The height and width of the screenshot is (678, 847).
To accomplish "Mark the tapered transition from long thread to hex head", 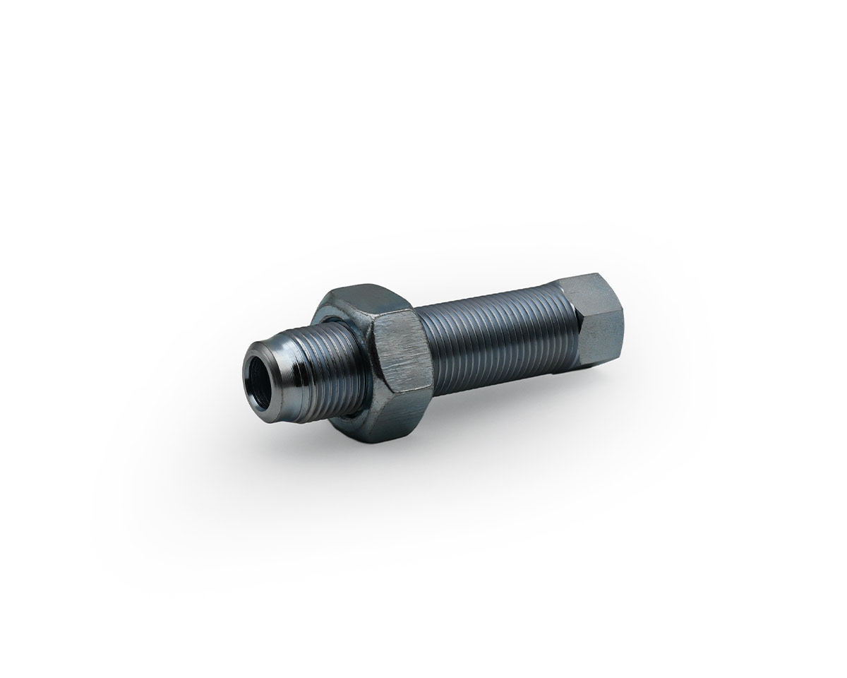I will (565, 311).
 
